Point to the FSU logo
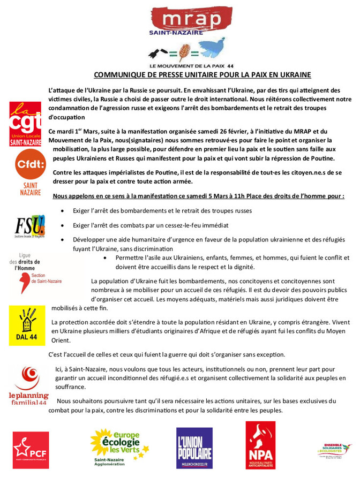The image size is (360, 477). click(29, 226)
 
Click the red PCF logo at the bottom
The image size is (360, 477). click(31, 449)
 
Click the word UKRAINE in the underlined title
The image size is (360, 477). click(294, 75)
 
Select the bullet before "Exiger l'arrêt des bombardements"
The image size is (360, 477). click(64, 211)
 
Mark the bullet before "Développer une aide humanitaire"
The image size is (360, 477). click(64, 240)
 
